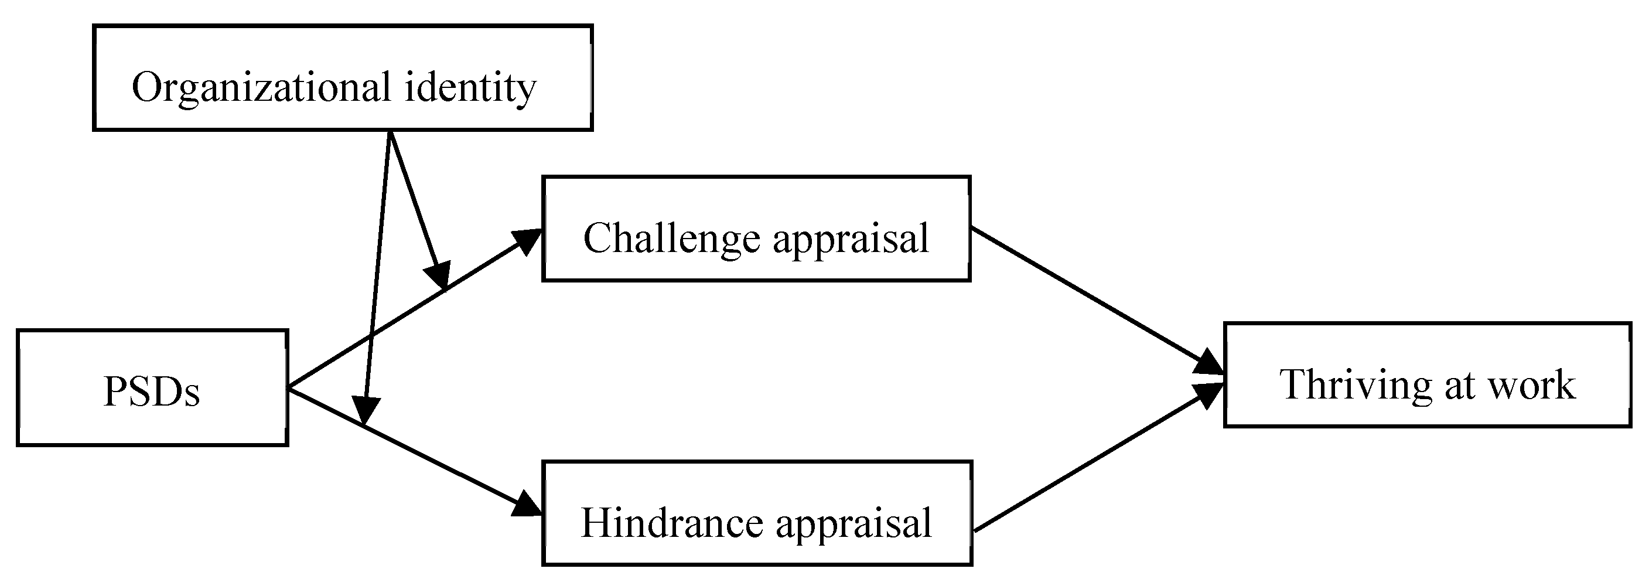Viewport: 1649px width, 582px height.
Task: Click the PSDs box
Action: [x=152, y=388]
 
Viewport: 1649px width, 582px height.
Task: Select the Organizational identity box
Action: [x=343, y=78]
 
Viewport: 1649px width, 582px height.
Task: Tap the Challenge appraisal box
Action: [x=756, y=229]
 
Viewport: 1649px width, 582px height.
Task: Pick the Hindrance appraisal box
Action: [x=757, y=513]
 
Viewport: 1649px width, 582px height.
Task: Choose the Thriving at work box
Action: [x=1427, y=375]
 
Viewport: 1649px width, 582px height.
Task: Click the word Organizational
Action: [x=261, y=88]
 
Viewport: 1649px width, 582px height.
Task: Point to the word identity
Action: [x=470, y=88]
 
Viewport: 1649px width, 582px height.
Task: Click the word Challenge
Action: [x=671, y=238]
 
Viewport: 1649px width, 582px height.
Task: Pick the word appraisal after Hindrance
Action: [x=854, y=525]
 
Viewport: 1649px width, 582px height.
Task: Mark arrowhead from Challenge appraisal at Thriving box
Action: [x=1210, y=363]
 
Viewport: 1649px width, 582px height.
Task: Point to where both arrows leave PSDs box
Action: [x=289, y=388]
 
